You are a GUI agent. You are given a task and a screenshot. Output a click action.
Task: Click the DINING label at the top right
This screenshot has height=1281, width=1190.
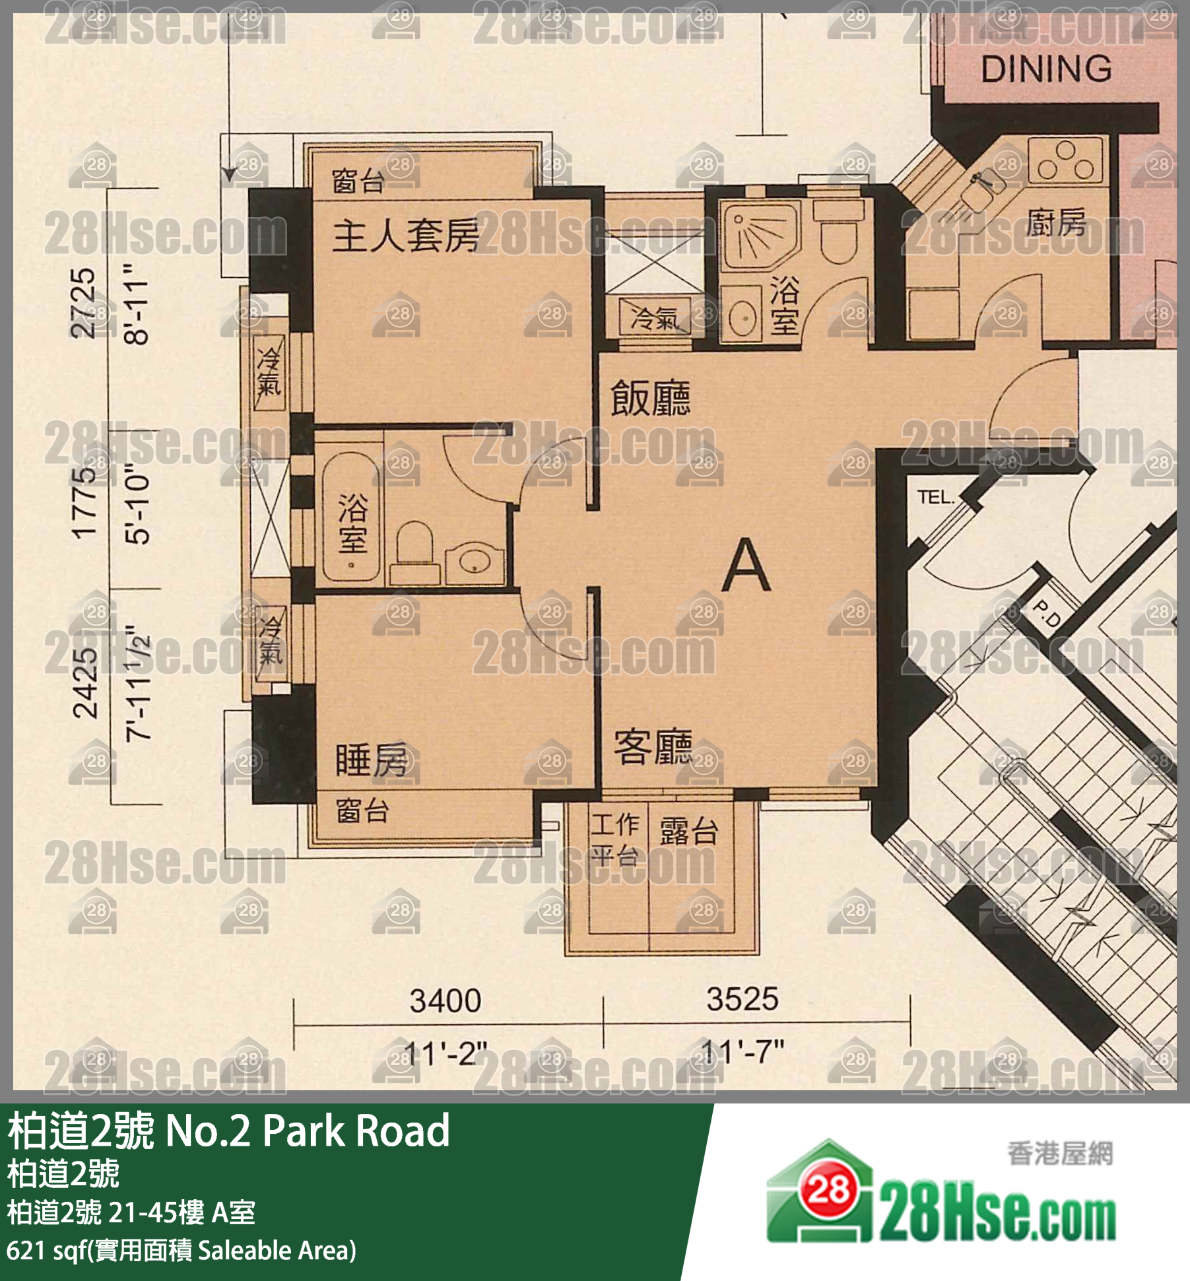coord(1046,69)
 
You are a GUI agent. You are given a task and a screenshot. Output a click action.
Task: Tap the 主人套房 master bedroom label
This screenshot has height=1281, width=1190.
coord(405,236)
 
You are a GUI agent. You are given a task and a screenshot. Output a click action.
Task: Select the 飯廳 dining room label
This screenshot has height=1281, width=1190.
coord(650,398)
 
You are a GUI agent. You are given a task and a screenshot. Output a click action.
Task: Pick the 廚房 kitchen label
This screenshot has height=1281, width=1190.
coord(1056,222)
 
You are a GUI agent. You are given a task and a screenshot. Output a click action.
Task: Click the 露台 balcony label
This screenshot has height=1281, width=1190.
coord(688,832)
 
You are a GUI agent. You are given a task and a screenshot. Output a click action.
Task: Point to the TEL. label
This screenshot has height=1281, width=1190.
coord(935,497)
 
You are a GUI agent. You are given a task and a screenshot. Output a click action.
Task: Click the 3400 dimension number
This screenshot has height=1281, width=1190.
coord(445,1001)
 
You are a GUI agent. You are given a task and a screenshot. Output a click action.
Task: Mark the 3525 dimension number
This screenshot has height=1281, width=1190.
coord(743,999)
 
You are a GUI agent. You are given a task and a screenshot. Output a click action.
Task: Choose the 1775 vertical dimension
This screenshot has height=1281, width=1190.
coord(85,503)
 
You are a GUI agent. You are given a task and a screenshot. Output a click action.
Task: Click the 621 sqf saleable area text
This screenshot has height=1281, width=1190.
coord(181,1250)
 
